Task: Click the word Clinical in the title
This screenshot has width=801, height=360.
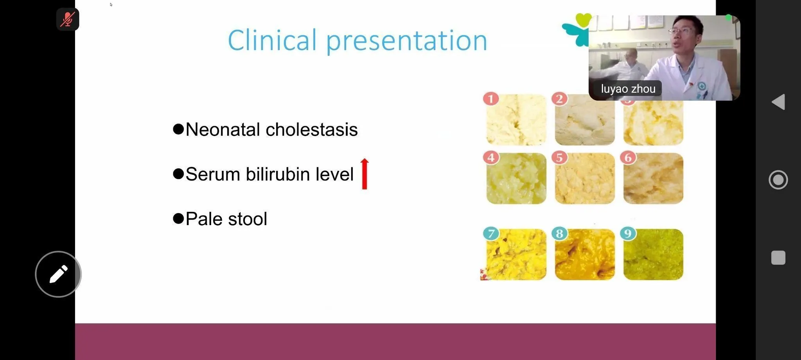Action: (272, 40)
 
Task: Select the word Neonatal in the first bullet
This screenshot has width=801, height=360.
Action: (223, 129)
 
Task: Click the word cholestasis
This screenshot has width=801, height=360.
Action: (312, 129)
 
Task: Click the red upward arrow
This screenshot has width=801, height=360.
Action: (365, 174)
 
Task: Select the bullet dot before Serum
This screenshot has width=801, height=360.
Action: (178, 174)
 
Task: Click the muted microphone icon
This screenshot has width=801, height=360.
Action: (68, 19)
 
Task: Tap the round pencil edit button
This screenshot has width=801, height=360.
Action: (58, 274)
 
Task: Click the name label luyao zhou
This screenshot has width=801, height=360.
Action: (628, 89)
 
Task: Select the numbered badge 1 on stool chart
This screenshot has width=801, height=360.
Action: (491, 99)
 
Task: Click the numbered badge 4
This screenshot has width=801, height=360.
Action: (491, 158)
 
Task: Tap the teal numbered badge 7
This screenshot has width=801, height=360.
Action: (491, 233)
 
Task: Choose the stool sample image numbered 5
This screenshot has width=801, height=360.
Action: (585, 178)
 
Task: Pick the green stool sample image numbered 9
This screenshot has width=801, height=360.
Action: (653, 254)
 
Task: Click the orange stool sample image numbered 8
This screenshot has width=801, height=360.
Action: (585, 254)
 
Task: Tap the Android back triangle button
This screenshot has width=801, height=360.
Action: (778, 102)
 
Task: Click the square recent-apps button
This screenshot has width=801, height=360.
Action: (778, 258)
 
